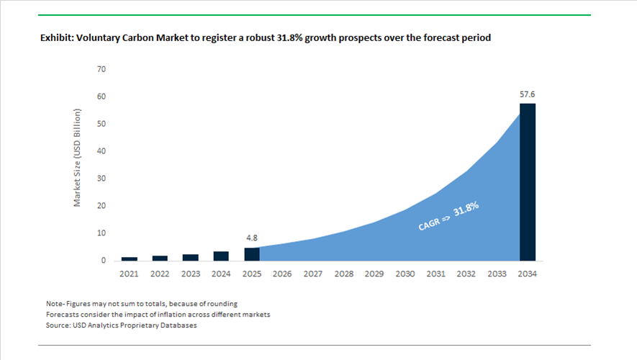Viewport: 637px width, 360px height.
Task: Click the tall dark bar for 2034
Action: (527, 181)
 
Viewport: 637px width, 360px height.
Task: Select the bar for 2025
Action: (251, 254)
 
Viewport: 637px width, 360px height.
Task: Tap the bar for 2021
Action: (130, 258)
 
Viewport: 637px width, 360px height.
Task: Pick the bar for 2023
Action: (191, 257)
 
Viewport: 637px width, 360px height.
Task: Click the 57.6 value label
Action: (527, 94)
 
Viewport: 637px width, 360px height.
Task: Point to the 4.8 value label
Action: (251, 237)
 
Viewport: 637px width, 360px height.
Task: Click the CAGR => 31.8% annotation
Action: (448, 216)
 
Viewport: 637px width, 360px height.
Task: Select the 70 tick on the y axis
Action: (101, 69)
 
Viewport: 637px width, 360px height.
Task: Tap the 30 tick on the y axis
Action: (101, 179)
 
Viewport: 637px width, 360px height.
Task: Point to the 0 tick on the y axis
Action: (104, 261)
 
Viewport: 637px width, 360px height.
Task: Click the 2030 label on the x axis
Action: (405, 274)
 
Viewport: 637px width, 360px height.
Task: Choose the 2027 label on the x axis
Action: (313, 274)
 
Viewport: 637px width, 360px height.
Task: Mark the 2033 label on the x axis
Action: (497, 274)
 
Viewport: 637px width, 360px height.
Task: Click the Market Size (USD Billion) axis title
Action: (78, 158)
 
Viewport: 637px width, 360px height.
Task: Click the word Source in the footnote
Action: (58, 325)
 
